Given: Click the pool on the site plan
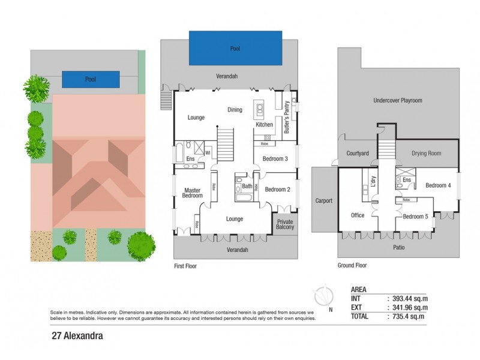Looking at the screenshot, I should tap(90, 79).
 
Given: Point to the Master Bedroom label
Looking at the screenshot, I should tap(192, 193).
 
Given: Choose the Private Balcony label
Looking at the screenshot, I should tap(284, 226).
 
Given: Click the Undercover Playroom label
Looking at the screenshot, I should tap(398, 101).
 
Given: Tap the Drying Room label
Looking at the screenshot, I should tap(426, 154).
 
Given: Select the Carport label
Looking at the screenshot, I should tap(323, 200).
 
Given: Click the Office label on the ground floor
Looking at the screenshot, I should tap(358, 215).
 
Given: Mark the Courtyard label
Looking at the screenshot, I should tap(358, 154).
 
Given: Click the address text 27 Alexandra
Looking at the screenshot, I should tap(73, 337).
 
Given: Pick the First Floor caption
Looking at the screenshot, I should tap(185, 265).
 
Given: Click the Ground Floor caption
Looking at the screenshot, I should tap(352, 265).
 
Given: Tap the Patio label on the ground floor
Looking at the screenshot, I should tap(398, 246).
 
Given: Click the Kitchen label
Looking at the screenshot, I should tap(264, 125).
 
